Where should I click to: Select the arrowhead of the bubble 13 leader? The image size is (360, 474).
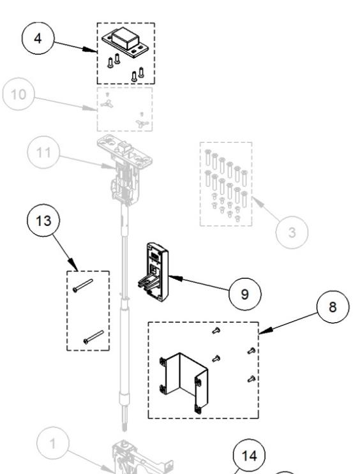click(77, 269)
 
